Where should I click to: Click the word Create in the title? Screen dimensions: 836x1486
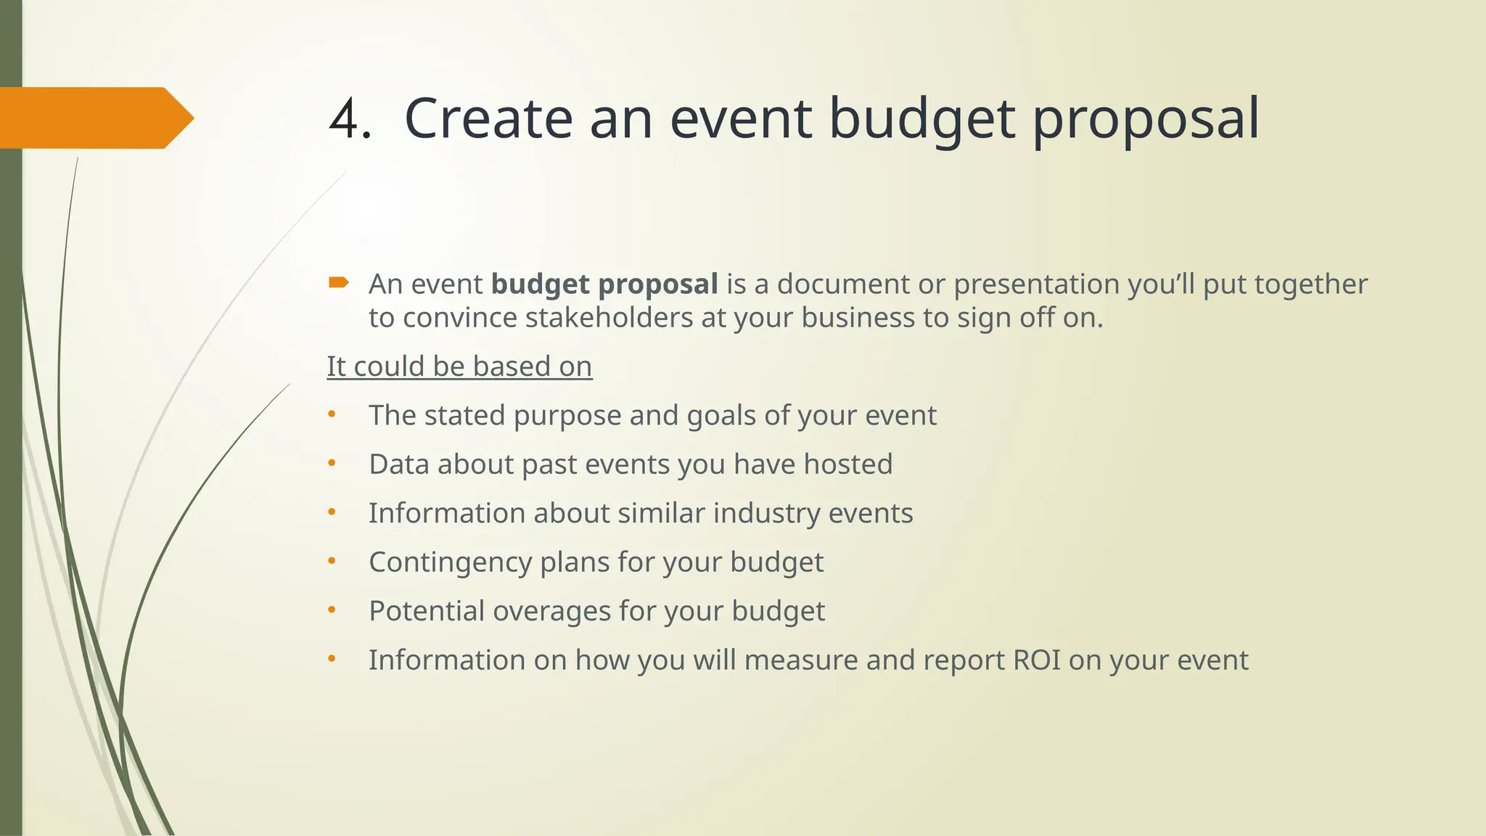[x=488, y=119]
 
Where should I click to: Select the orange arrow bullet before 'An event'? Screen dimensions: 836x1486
[x=338, y=282]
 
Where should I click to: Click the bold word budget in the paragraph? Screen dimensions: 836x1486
[x=540, y=284]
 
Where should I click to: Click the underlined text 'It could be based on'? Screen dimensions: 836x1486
[x=459, y=366]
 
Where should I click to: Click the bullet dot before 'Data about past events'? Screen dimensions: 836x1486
[x=332, y=463]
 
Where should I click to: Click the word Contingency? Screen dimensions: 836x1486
[x=450, y=563]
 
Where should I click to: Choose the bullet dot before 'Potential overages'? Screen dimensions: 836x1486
[x=332, y=610]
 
